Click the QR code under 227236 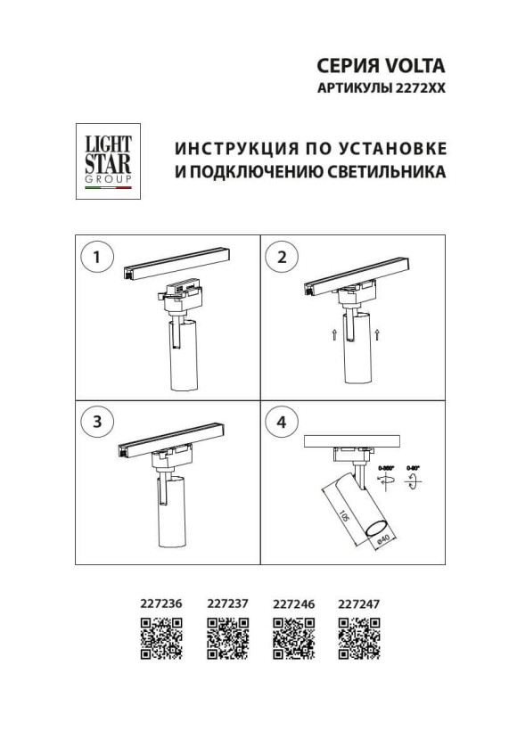(x=161, y=638)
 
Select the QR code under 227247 (x=359, y=638)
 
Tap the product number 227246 (x=293, y=604)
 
